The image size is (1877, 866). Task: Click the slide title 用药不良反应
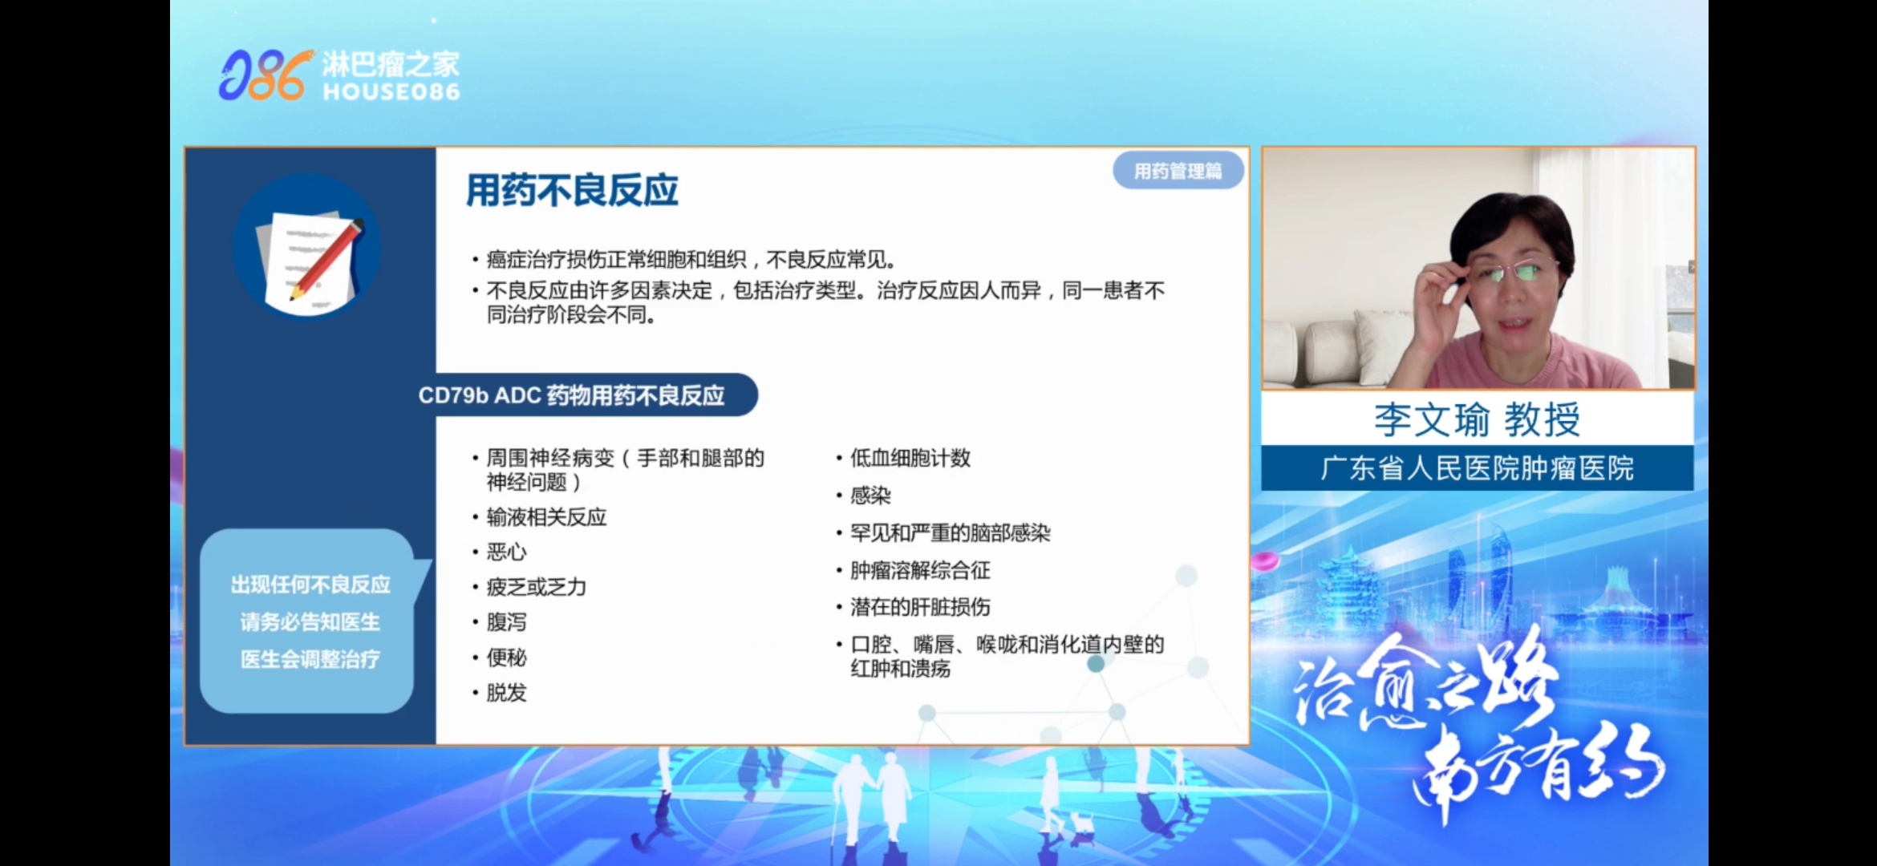tap(572, 191)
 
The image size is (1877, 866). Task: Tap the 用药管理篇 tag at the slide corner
tap(1178, 171)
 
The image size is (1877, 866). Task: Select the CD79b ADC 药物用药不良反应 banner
tap(571, 395)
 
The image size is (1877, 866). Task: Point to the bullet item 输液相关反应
tap(546, 517)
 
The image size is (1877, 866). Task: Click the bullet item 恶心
tap(506, 552)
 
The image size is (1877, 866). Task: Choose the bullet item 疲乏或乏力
tap(536, 587)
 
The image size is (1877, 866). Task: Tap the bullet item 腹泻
tap(506, 622)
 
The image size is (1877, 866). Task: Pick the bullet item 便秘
tap(506, 658)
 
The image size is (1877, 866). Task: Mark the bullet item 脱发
tap(506, 693)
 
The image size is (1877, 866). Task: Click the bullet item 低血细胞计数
tap(910, 458)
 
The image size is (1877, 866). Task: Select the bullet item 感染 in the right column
tap(870, 496)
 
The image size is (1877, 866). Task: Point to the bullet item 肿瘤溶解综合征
tap(920, 570)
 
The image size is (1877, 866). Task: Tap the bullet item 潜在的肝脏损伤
tap(920, 607)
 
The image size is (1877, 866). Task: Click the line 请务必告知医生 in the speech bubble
tap(310, 622)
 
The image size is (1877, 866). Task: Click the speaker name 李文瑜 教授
tap(1477, 419)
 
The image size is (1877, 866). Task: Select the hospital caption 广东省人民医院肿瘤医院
tap(1477, 468)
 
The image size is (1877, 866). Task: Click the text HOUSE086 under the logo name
tap(391, 91)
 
